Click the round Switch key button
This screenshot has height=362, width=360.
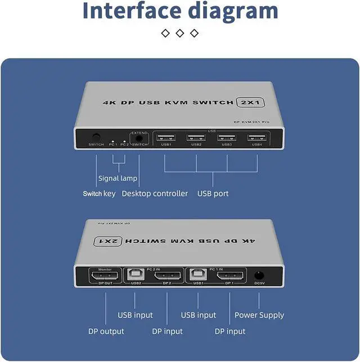[96, 137]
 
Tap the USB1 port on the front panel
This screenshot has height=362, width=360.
[166, 137]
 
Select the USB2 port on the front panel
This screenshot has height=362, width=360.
[196, 137]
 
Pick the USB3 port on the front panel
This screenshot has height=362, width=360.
[227, 137]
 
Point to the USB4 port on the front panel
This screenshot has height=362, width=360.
[257, 137]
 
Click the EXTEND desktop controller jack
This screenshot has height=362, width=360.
[138, 137]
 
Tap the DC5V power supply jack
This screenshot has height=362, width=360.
[259, 276]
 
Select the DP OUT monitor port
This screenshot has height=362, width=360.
[105, 276]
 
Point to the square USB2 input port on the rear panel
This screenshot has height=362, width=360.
[136, 275]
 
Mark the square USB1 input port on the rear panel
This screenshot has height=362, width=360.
[199, 275]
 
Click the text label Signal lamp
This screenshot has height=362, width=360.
[118, 178]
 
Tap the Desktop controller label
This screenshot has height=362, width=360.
[155, 194]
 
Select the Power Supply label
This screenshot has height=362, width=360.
[259, 315]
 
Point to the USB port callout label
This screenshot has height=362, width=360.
[213, 194]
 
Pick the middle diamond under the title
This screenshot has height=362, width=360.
[180, 33]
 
